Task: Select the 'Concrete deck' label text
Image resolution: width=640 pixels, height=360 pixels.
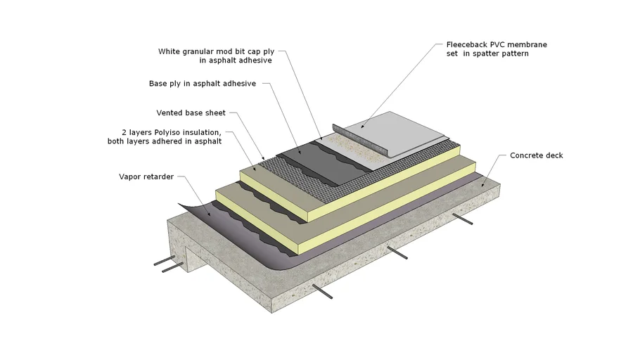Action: click(x=536, y=155)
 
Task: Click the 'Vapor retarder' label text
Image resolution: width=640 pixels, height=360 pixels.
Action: click(x=146, y=176)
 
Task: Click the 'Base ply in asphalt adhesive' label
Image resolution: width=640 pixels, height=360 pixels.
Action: click(x=202, y=84)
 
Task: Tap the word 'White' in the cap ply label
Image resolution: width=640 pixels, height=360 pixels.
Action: click(x=169, y=51)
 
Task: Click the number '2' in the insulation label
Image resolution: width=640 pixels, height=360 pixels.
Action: click(x=124, y=131)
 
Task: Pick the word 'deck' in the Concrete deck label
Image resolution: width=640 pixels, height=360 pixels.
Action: click(x=553, y=155)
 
